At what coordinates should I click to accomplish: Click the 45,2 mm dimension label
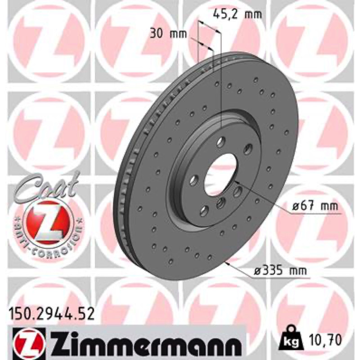(237, 14)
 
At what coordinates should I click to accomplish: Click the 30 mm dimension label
(168, 34)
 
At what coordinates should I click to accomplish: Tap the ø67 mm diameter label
(315, 206)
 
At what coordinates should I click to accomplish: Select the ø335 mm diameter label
(280, 271)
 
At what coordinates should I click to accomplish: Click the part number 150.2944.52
(51, 314)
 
